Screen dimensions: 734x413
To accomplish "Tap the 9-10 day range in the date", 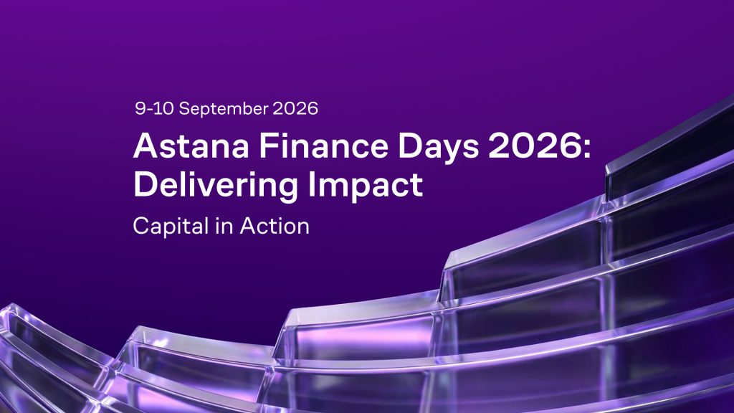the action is point(155,109).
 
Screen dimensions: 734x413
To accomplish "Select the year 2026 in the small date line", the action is point(295,109).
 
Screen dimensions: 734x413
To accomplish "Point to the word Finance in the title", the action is point(324,146).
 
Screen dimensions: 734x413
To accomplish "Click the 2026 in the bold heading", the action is point(535,146).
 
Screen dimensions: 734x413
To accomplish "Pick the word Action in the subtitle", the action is point(275,226).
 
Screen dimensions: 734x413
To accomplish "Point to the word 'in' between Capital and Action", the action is point(224,226).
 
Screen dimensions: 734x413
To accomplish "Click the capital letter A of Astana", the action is point(146,146).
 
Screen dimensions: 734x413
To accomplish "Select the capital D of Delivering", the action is point(146,184).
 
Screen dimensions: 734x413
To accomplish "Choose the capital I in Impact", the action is point(311,184).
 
